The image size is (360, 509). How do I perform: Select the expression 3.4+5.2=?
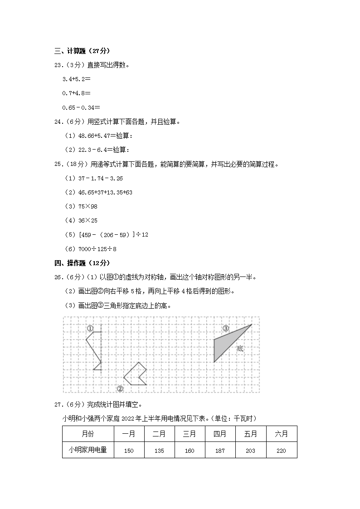(x=76, y=79)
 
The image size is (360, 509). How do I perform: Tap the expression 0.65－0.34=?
(x=81, y=107)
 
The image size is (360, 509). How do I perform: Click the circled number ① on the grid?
(x=90, y=328)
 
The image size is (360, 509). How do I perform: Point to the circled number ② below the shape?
(x=120, y=388)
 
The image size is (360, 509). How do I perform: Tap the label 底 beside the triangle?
(x=240, y=349)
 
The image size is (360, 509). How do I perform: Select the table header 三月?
(x=190, y=434)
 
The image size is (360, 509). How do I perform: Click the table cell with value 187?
(x=220, y=451)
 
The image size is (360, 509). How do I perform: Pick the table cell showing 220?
(x=281, y=451)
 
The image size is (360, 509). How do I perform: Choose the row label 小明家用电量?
(x=88, y=450)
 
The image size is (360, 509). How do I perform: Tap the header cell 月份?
(x=88, y=434)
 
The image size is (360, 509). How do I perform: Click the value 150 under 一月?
(x=128, y=451)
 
